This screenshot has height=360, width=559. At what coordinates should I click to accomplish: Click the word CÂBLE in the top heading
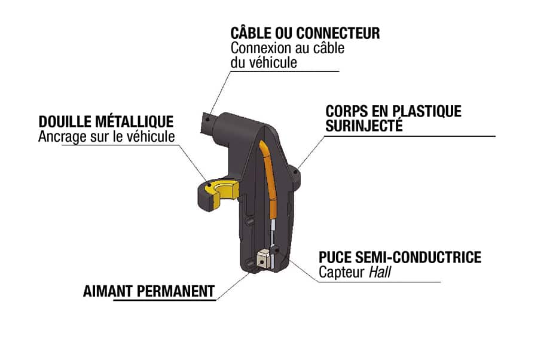click(x=251, y=32)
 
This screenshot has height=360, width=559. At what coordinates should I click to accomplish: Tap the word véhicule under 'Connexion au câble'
click(x=273, y=62)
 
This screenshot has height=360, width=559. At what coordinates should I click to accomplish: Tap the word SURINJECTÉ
click(x=364, y=126)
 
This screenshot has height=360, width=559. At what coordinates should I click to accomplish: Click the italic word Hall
click(x=380, y=272)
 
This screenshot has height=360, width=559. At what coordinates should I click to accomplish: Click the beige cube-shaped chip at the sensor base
click(x=262, y=259)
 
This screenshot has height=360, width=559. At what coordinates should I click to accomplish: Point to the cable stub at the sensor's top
click(x=207, y=123)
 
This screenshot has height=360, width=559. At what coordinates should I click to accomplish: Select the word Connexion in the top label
click(x=256, y=48)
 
